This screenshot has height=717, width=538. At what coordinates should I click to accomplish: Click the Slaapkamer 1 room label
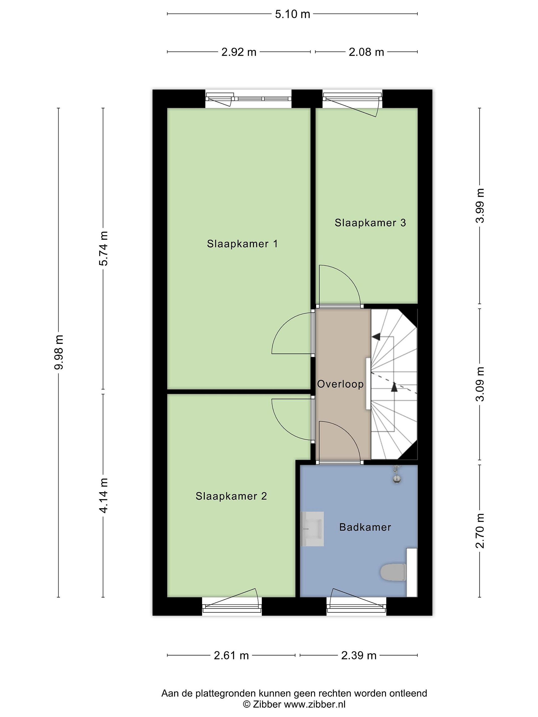pyautogui.click(x=242, y=244)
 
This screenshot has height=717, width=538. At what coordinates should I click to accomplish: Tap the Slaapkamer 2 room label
pyautogui.click(x=231, y=496)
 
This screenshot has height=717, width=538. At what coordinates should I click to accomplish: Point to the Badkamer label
pyautogui.click(x=365, y=527)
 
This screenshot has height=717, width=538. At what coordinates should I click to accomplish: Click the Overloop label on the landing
pyautogui.click(x=340, y=384)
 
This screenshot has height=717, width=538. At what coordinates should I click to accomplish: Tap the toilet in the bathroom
pyautogui.click(x=393, y=572)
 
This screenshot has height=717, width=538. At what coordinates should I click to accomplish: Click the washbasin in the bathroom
pyautogui.click(x=312, y=529)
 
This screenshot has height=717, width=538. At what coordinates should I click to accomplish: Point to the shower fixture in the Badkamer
pyautogui.click(x=396, y=475)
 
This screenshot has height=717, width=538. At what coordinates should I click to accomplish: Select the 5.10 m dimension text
pyautogui.click(x=292, y=14)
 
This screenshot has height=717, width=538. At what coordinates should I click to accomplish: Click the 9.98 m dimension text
pyautogui.click(x=59, y=352)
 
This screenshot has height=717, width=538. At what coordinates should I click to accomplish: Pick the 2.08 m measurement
pyautogui.click(x=366, y=52)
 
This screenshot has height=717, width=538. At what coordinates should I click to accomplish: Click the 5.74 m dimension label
pyautogui.click(x=103, y=248)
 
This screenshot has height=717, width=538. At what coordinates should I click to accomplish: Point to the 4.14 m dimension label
pyautogui.click(x=103, y=495)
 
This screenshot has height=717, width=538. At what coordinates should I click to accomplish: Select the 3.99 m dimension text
pyautogui.click(x=480, y=205)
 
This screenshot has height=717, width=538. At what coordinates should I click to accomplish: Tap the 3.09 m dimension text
pyautogui.click(x=480, y=384)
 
